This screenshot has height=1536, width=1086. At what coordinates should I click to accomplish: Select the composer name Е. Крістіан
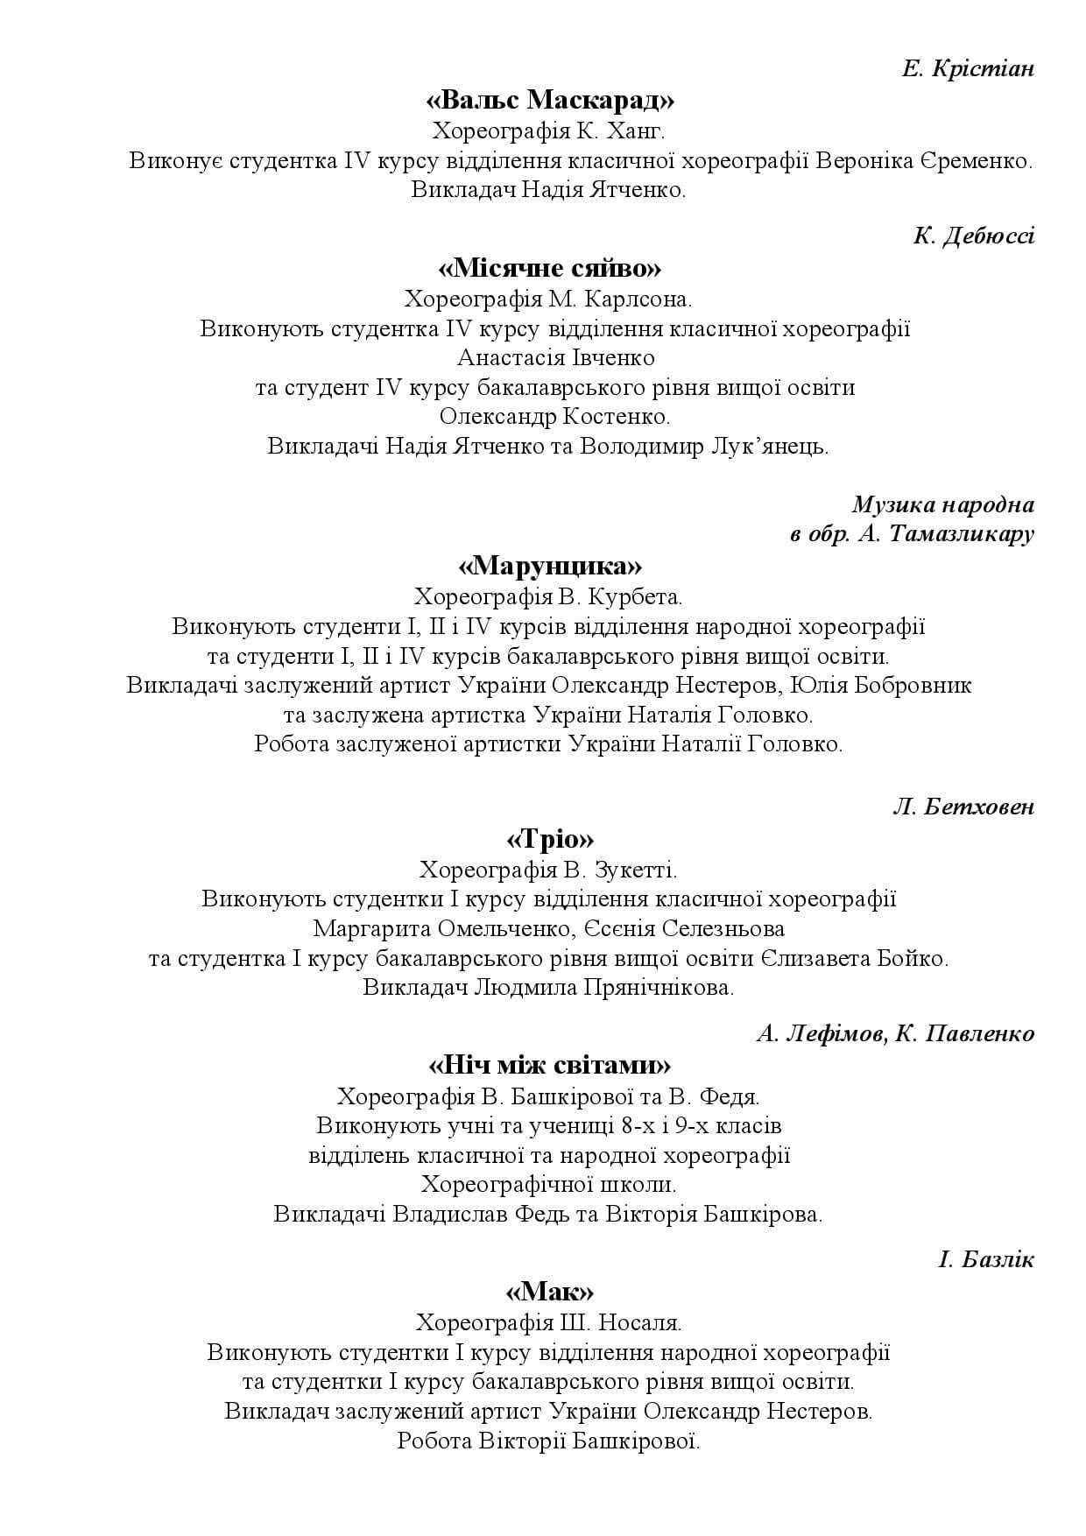coord(968,68)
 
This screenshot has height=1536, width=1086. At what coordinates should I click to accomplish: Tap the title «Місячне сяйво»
coord(549,267)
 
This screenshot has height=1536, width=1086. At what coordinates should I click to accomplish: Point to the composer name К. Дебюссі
coord(974,236)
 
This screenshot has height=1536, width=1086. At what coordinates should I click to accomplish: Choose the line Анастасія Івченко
coord(555,358)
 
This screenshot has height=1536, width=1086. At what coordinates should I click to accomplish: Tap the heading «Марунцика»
coord(550,565)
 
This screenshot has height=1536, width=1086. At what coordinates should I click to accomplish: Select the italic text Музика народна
coord(942,504)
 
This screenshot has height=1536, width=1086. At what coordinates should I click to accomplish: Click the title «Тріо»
coord(550,839)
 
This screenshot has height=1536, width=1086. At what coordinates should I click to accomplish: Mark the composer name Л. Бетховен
coord(963,807)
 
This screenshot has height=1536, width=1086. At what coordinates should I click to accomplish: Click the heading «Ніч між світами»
coord(550,1065)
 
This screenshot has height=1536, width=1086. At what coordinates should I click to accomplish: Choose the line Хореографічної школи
coord(549,1185)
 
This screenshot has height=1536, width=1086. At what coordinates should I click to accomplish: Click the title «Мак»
coord(550,1292)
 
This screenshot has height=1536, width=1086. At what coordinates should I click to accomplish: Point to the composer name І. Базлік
coord(986,1260)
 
